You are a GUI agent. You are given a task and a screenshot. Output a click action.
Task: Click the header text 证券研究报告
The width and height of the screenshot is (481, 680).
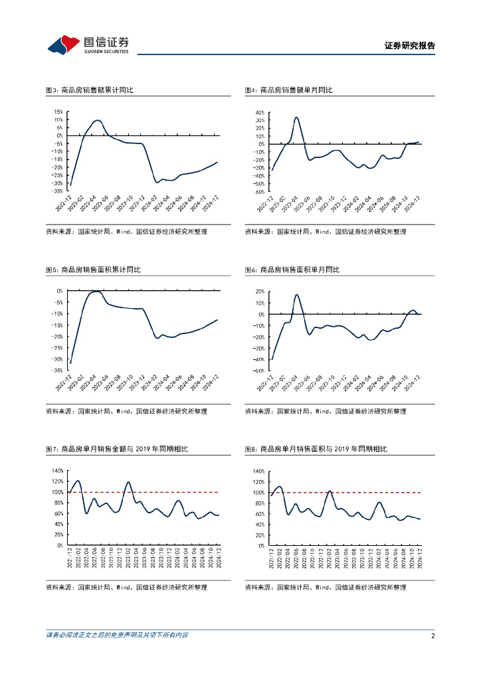[410, 46]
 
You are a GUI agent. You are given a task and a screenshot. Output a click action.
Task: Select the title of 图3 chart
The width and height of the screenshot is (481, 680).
[90, 90]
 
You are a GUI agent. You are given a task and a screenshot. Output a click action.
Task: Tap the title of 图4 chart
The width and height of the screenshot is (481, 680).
[288, 90]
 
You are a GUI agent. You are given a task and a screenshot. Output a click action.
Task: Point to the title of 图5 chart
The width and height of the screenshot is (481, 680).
[93, 270]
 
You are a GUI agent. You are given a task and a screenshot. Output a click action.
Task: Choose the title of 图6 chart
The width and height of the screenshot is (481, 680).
[292, 270]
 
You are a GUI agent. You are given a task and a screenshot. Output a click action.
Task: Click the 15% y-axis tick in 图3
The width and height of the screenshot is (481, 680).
[58, 112]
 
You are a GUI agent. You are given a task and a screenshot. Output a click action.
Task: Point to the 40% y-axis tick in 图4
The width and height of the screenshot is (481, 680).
[259, 113]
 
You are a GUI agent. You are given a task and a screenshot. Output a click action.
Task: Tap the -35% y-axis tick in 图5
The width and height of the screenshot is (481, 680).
[58, 371]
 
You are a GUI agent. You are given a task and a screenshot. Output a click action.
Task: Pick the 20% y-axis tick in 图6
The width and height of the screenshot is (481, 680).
[259, 292]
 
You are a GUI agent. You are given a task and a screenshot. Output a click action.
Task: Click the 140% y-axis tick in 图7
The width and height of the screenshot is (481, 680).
[57, 471]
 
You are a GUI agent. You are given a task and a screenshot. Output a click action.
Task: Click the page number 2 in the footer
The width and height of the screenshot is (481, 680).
[433, 636]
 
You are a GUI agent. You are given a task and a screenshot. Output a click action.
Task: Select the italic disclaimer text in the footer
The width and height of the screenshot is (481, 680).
[117, 636]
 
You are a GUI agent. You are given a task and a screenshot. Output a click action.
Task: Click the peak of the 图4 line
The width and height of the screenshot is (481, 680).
[296, 118]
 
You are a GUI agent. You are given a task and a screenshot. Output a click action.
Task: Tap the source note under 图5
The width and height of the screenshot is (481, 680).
[126, 412]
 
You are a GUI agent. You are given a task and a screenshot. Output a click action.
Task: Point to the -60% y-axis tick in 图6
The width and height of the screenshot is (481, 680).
[258, 371]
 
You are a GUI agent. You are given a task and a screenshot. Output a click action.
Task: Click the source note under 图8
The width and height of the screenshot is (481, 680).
[326, 588]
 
